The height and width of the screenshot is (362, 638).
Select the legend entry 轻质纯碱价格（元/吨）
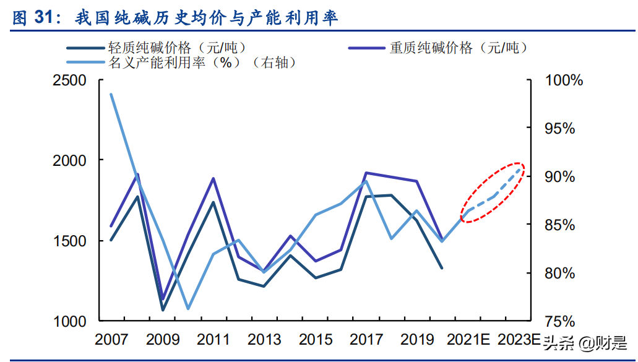pyautogui.click(x=176, y=48)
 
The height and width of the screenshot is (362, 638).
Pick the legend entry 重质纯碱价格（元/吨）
pyautogui.click(x=458, y=48)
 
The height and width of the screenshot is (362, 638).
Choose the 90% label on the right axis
pyautogui.click(x=559, y=177)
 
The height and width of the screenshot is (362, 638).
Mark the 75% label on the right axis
pyautogui.click(x=559, y=321)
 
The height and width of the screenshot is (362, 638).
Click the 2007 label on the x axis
pyautogui.click(x=111, y=340)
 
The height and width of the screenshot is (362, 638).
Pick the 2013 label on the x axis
pyautogui.click(x=264, y=340)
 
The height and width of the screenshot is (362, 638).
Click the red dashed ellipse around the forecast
pyautogui.click(x=493, y=192)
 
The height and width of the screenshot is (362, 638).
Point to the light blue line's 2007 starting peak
pyautogui.click(x=111, y=95)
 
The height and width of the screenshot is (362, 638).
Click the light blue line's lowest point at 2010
pyautogui.click(x=188, y=308)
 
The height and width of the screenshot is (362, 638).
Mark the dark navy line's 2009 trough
pyautogui.click(x=163, y=310)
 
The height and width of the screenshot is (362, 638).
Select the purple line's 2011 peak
pyautogui.click(x=213, y=179)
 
